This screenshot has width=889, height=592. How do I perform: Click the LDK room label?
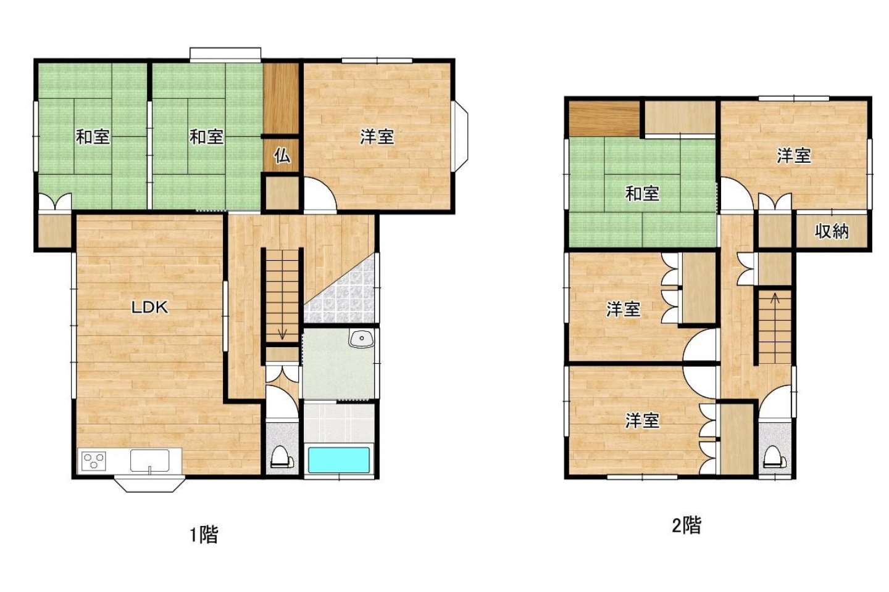coord(150,307)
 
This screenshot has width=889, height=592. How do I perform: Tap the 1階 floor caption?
coord(204,535)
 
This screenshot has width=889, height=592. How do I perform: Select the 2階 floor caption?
coord(687,525)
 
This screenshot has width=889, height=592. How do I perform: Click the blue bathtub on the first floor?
coord(339,460)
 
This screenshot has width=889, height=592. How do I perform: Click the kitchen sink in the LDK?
coord(149,461)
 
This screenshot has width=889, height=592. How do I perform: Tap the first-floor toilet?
coord(282,458)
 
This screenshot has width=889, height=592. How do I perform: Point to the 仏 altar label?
coord(282,155)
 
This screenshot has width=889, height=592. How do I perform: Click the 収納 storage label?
coord(832,231)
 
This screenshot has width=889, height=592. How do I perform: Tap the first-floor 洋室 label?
coord(377,137)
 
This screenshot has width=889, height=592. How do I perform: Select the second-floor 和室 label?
coord(642,194)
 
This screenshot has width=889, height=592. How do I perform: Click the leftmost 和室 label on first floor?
coord(93,137)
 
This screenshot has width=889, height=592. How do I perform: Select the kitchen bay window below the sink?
coord(149,485)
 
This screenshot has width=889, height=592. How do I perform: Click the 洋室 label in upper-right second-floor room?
coord(794,155)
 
